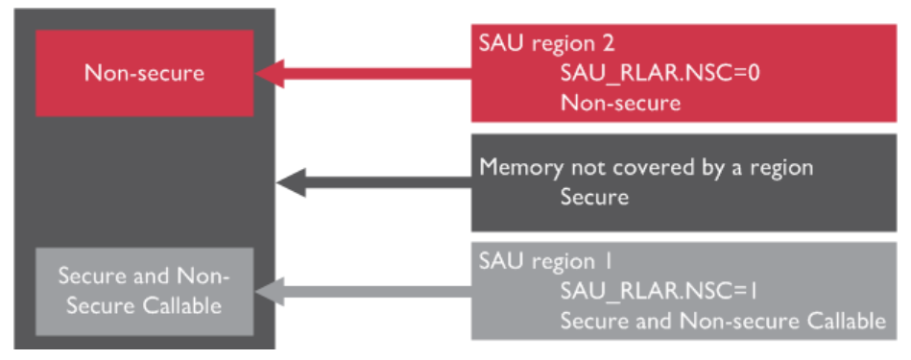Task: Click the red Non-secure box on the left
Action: (x=144, y=73)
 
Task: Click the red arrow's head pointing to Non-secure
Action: (x=271, y=73)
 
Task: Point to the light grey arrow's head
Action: (x=271, y=292)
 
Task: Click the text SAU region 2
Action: (x=546, y=43)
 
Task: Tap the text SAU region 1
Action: (x=544, y=261)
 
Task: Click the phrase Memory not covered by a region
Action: (x=646, y=167)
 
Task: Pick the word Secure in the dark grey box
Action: (x=594, y=198)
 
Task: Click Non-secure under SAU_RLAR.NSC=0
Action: (x=620, y=103)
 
